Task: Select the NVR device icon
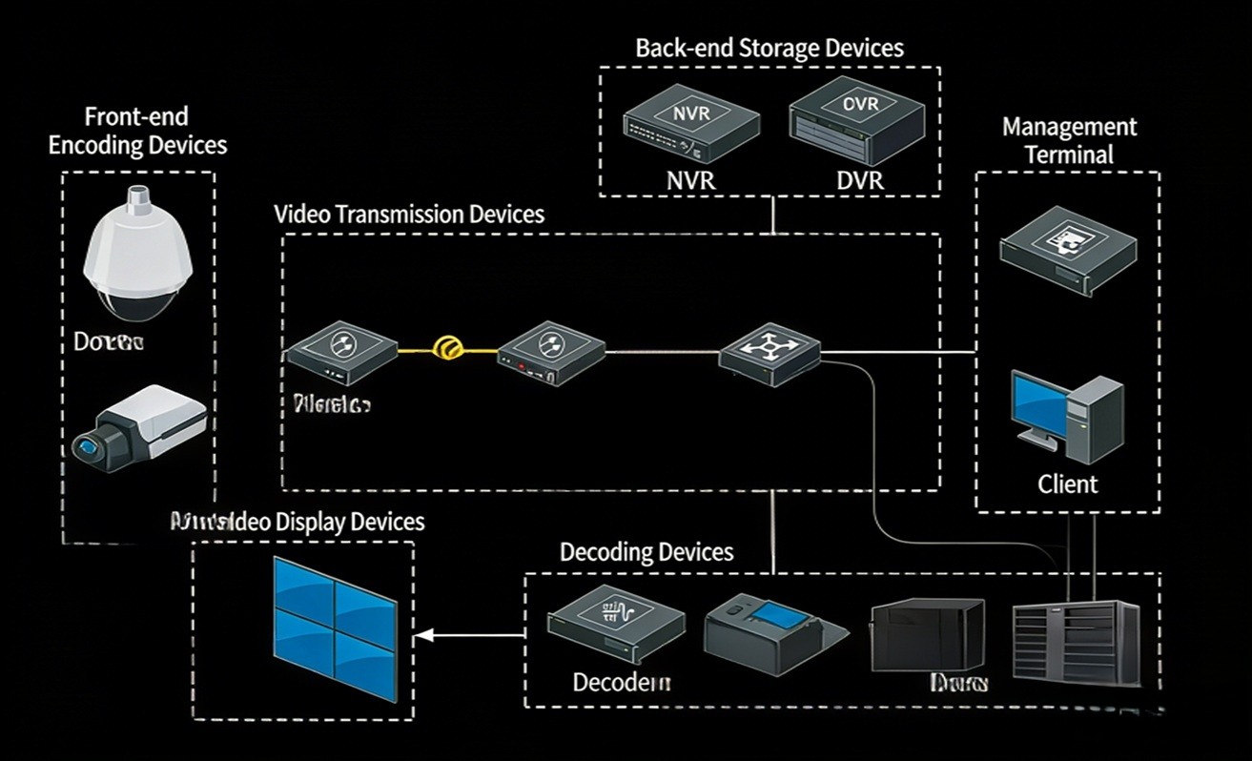tap(691, 128)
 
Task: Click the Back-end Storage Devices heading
tap(769, 48)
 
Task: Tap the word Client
tap(1067, 483)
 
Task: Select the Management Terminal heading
tap(1069, 140)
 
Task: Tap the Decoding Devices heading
tap(647, 551)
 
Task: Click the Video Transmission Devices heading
tap(409, 214)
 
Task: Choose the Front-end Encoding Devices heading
tap(137, 131)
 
